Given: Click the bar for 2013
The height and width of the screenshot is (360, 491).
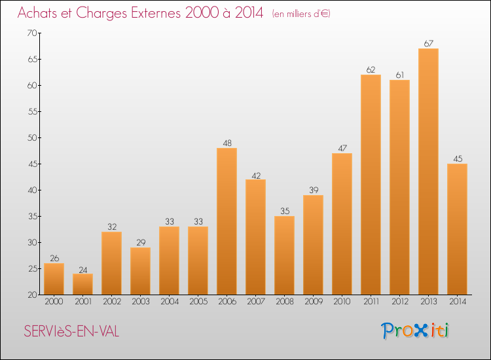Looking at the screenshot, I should click(428, 171).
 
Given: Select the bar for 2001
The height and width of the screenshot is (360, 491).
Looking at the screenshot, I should click(82, 284).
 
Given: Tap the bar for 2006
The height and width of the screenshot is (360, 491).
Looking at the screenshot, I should click(227, 221).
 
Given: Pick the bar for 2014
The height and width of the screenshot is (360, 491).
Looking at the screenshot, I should click(457, 229).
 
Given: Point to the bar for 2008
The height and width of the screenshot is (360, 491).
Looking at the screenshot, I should click(284, 255).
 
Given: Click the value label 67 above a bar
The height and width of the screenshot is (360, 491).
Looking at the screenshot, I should click(428, 43).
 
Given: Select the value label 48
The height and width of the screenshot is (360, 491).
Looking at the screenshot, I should click(227, 143).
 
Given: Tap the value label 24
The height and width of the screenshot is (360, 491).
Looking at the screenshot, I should click(82, 268).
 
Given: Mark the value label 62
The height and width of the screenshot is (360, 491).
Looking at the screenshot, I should click(371, 69).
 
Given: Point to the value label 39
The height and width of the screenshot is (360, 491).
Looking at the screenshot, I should click(313, 190).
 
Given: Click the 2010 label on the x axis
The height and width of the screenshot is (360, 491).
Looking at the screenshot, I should click(342, 302).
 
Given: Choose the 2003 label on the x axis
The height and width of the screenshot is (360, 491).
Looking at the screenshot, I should click(140, 302).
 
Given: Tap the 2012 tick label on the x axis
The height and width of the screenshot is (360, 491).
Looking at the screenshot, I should click(399, 302).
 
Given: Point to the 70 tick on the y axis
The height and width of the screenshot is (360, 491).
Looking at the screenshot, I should click(31, 33).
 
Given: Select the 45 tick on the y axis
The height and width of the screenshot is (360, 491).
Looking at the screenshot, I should click(31, 164).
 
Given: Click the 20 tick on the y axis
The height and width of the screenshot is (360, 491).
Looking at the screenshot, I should click(31, 295).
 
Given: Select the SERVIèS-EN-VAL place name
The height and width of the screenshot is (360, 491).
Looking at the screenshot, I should click(71, 332).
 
